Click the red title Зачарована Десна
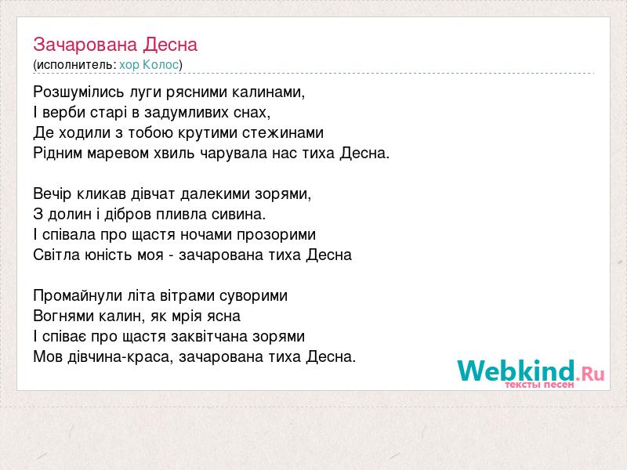point(115,45)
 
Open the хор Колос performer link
point(149,64)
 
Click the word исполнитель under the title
point(75,65)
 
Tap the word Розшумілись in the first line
point(79,92)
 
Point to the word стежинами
point(283,132)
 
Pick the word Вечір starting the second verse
point(53,193)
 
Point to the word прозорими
point(277,234)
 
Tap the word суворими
point(253,296)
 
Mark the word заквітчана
point(209,337)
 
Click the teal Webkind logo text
point(516,370)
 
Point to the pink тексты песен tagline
point(539,385)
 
